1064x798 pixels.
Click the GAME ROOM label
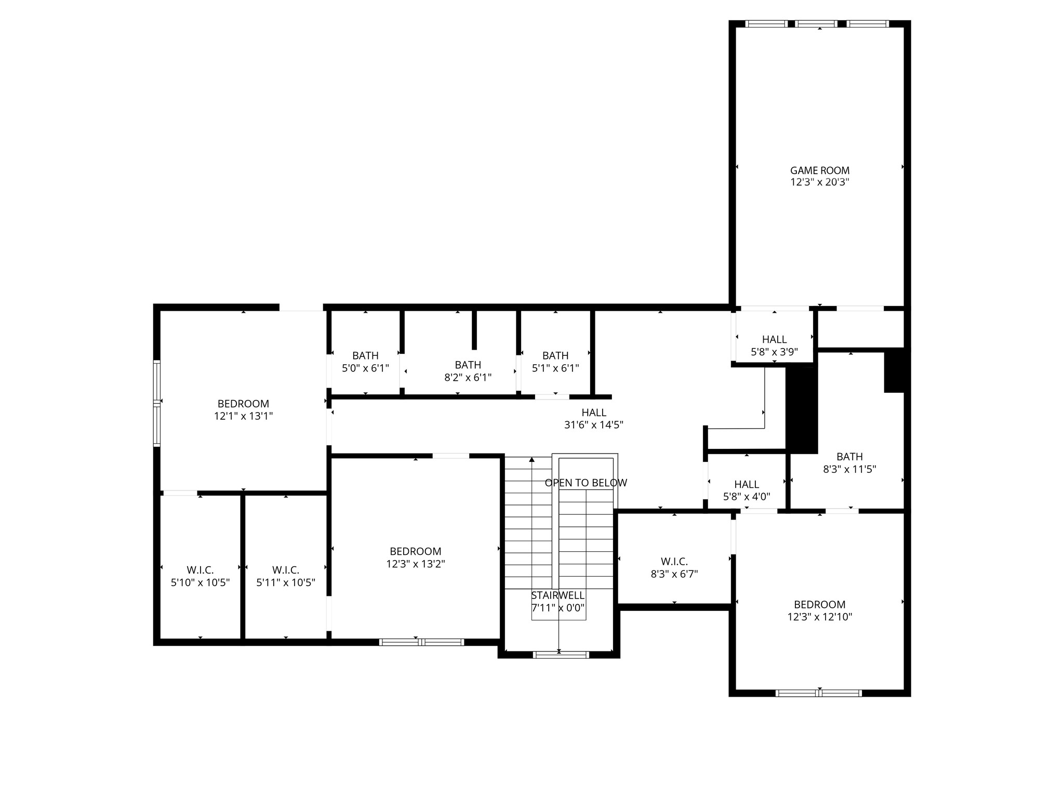(819, 170)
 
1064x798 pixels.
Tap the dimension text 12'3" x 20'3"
(819, 182)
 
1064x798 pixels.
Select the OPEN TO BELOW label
(586, 483)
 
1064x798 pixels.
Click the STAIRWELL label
(557, 595)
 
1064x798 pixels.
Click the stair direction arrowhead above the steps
(531, 460)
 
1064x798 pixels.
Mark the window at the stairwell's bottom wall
(561, 655)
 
